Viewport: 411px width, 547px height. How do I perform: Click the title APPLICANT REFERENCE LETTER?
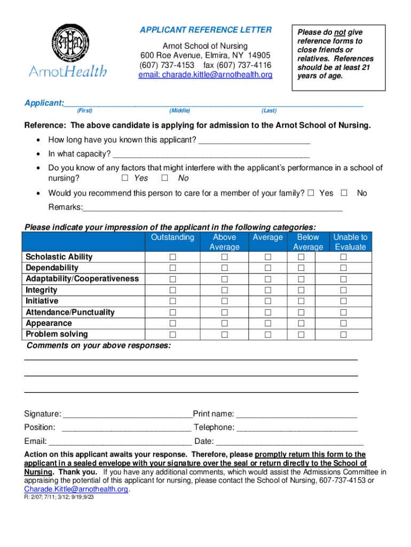click(205, 30)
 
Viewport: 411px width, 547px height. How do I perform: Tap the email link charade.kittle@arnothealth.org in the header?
click(205, 75)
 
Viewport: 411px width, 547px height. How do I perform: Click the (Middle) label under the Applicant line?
click(179, 111)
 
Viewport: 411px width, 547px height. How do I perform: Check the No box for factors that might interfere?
click(165, 178)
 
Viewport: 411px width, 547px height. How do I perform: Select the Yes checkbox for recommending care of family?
click(311, 193)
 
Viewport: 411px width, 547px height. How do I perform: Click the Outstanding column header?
click(172, 237)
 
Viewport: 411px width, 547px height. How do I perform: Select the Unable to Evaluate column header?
click(350, 242)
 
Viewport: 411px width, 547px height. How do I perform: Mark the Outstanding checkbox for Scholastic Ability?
click(172, 257)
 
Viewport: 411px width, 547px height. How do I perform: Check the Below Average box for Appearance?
click(301, 323)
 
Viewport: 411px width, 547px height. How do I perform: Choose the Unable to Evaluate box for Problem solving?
click(344, 334)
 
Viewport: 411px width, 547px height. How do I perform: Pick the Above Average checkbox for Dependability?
click(224, 268)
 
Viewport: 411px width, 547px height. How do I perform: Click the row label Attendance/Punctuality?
click(70, 312)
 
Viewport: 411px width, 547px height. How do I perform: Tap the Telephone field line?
click(297, 428)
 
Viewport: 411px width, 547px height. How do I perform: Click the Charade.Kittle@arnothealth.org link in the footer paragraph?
click(76, 489)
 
